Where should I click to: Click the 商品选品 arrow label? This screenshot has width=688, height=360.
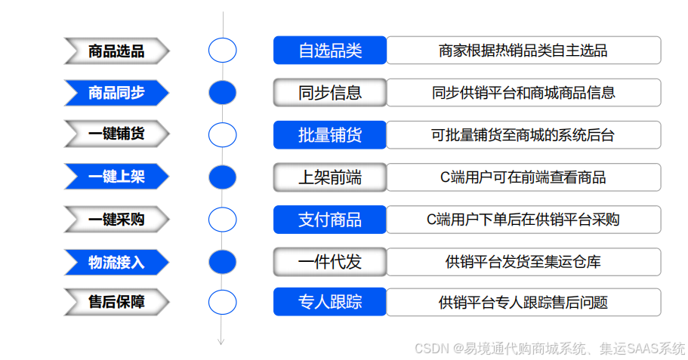pos(116,51)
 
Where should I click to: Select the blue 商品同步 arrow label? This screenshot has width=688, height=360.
pos(116,93)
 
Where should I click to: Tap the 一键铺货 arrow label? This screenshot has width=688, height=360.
pos(116,134)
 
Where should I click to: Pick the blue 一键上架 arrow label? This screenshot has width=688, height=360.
pos(116,177)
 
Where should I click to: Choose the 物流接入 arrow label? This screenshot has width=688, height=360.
pos(116,263)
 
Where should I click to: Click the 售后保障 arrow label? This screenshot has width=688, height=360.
pos(116,302)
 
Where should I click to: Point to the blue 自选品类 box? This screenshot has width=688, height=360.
pos(330,51)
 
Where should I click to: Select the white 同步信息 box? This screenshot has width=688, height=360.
pos(330,93)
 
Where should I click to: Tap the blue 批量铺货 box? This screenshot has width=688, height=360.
pos(330,135)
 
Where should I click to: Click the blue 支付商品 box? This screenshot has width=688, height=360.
pos(330,220)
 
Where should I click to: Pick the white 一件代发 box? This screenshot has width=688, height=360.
pos(330,262)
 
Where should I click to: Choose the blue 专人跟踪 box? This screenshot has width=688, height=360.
pos(330,302)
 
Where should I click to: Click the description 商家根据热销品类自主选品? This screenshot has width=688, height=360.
pos(523,51)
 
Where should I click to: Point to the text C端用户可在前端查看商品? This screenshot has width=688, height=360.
pos(523,177)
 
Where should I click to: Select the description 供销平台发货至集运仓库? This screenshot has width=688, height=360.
pos(523,262)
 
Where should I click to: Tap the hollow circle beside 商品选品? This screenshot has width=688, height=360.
pos(222,51)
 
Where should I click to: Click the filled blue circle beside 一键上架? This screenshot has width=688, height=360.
pos(222,177)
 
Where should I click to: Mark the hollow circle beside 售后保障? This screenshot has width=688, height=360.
pos(222,302)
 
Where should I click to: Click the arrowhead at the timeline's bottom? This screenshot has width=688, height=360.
pos(221,341)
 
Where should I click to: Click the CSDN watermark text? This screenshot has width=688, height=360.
pos(550,348)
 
